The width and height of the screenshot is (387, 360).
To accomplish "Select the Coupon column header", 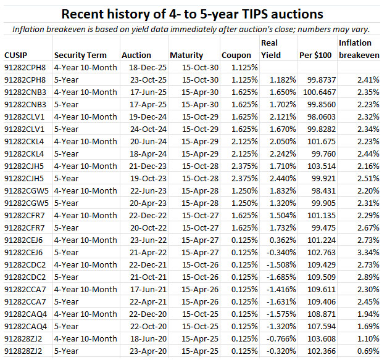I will pos(236,55).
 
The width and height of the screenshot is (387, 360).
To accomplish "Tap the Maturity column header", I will pos(186,55).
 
